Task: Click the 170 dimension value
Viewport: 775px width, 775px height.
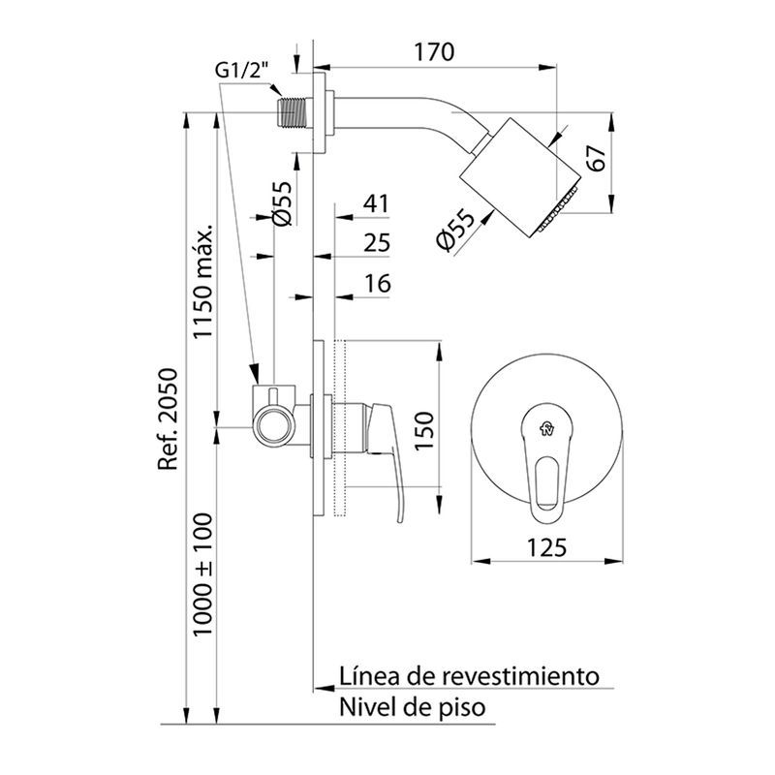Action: (433, 52)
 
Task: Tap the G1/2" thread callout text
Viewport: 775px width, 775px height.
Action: (241, 71)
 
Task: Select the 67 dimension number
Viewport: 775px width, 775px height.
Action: (598, 158)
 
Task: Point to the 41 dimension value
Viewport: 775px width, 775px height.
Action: (376, 203)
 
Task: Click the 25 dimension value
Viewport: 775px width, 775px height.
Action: (377, 243)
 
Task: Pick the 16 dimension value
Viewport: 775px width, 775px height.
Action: (378, 283)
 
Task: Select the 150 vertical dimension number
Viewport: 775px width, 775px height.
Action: (423, 430)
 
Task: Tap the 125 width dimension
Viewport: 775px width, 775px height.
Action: (546, 547)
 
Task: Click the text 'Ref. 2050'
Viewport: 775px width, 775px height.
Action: (167, 419)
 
